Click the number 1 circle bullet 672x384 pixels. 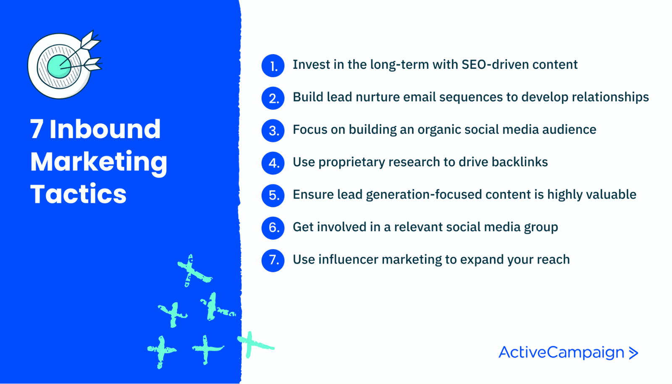[x=273, y=66]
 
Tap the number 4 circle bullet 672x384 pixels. [x=273, y=163]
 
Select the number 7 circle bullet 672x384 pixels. [x=273, y=260]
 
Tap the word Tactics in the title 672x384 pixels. [x=78, y=194]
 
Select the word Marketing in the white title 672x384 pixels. [x=99, y=162]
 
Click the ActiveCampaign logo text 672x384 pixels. [x=561, y=352]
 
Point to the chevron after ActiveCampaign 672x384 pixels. [x=634, y=353]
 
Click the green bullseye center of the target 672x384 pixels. [x=59, y=66]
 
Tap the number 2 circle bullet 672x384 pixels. [x=273, y=98]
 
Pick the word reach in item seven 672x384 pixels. [x=554, y=259]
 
